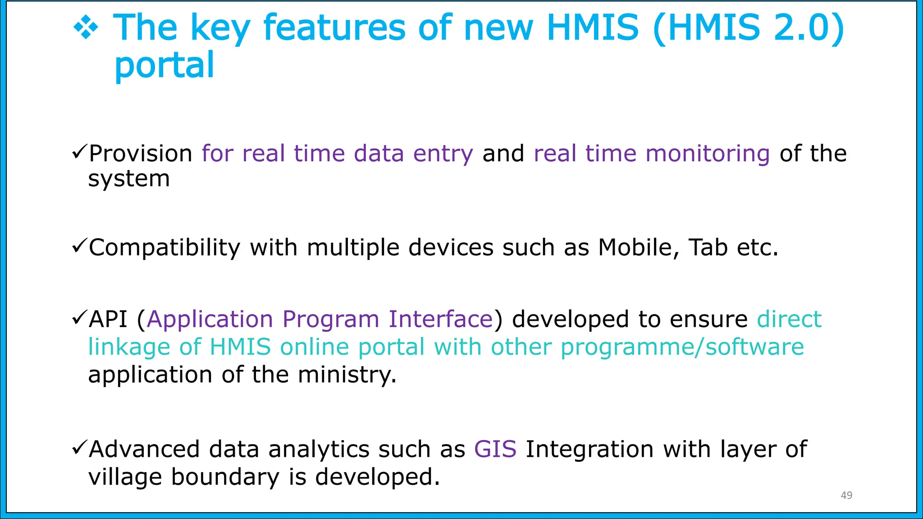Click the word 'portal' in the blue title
click(164, 65)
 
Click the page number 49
click(846, 495)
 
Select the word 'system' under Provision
click(129, 179)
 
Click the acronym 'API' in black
click(108, 319)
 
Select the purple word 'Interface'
click(441, 319)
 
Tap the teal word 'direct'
click(789, 319)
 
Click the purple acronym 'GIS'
click(495, 449)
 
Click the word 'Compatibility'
click(164, 247)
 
